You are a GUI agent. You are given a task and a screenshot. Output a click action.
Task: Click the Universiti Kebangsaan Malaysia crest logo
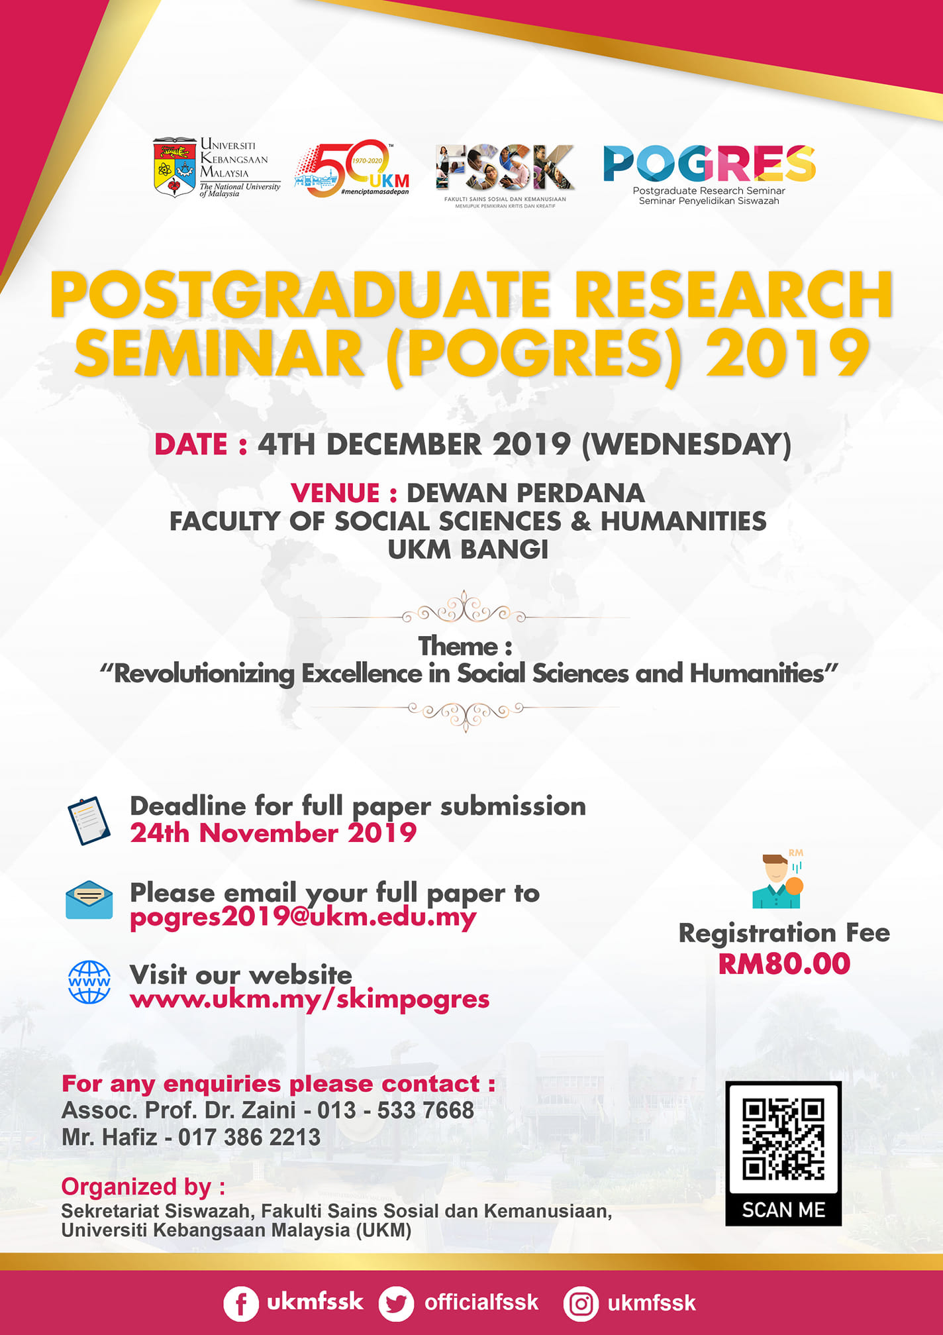click(x=175, y=167)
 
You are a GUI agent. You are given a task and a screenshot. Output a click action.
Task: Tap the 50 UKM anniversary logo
click(x=352, y=168)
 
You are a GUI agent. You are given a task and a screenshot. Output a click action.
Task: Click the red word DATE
click(x=191, y=445)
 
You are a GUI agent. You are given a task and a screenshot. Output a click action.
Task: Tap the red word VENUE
click(x=335, y=493)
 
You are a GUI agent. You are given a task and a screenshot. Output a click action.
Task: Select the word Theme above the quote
click(x=458, y=646)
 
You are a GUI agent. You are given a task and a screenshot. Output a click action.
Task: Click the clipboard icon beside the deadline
click(x=89, y=821)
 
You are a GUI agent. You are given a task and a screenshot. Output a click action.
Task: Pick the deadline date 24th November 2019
click(x=273, y=833)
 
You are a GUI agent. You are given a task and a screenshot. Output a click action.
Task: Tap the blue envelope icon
click(x=89, y=900)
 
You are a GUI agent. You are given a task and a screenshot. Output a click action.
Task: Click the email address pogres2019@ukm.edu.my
click(x=303, y=918)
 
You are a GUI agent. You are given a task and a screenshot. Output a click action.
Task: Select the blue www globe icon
click(x=89, y=982)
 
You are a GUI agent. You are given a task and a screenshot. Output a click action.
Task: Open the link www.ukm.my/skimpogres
click(x=310, y=999)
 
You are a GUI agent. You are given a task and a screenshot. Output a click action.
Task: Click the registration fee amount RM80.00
click(x=784, y=964)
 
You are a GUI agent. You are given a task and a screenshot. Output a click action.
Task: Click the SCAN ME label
click(x=783, y=1210)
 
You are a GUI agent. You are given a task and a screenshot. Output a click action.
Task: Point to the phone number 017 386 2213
click(x=249, y=1138)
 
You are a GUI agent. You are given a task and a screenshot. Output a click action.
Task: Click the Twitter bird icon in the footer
click(x=396, y=1303)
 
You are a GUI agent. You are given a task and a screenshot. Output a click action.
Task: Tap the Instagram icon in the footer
click(x=581, y=1304)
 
